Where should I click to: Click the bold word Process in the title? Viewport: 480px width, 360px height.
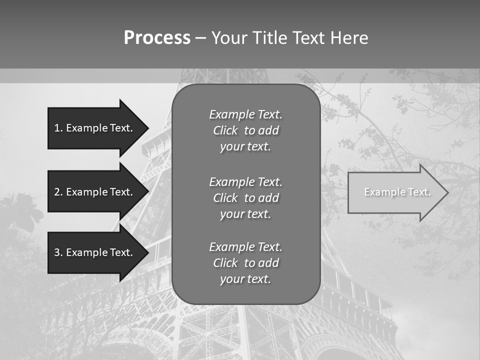coord(157,38)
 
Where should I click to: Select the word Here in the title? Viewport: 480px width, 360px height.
coord(349,38)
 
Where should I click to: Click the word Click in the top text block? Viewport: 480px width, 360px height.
coord(225,130)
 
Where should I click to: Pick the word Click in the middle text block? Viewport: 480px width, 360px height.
coord(225,198)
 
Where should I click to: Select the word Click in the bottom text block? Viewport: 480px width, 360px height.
coord(225,263)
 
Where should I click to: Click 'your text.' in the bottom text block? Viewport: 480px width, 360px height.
coord(245,279)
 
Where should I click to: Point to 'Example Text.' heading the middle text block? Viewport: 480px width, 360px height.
coord(245,181)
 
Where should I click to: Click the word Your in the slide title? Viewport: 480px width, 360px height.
coord(229,38)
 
